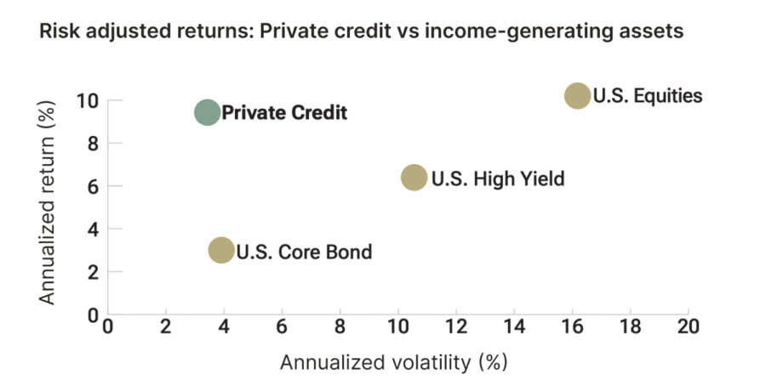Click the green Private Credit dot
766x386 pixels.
tap(207, 112)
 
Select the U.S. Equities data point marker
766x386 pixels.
tap(577, 96)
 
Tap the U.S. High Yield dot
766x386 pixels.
tap(414, 178)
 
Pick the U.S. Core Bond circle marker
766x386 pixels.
tap(221, 250)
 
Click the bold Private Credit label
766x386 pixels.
tap(284, 113)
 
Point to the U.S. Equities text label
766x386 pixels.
tap(648, 95)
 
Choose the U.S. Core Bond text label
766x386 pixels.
tap(304, 252)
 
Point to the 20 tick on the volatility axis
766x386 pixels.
tap(688, 327)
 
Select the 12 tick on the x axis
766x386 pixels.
tap(455, 327)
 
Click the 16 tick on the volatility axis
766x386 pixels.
tap(572, 327)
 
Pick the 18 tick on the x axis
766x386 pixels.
tap(630, 327)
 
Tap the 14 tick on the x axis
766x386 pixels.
tap(513, 327)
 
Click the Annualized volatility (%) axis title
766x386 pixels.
tap(394, 362)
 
